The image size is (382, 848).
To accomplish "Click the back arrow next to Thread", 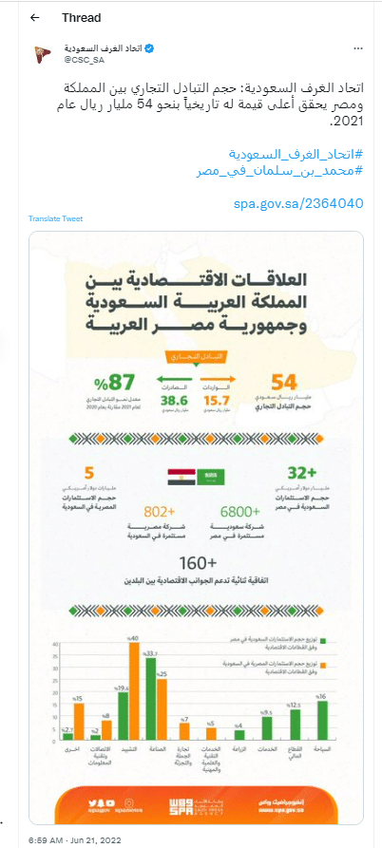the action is pos(35,17).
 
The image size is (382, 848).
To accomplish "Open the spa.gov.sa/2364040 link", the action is pos(299,203).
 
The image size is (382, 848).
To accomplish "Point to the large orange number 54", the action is pos(284,383).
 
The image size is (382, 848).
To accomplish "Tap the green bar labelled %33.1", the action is pos(150,712).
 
